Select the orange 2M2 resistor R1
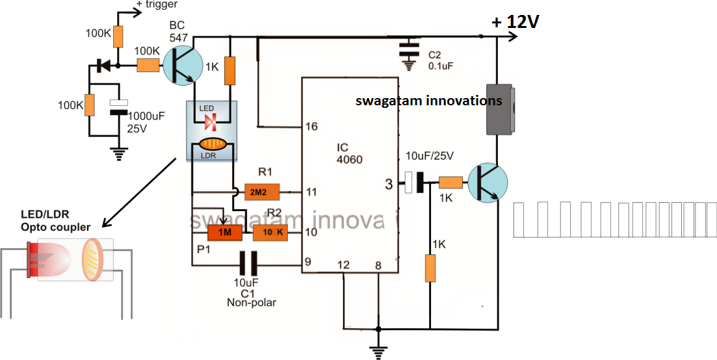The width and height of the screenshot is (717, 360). click(x=262, y=192)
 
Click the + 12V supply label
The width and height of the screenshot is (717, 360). click(x=515, y=22)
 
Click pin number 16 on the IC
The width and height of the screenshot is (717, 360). click(x=311, y=126)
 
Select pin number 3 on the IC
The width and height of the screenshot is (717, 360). click(x=389, y=184)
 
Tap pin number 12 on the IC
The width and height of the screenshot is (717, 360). click(x=343, y=265)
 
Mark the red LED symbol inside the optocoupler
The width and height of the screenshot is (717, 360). click(x=210, y=122)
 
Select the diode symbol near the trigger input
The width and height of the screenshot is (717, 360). click(x=102, y=65)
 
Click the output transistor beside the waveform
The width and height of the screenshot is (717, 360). click(x=486, y=183)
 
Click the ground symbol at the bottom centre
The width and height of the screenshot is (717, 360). click(x=377, y=352)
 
